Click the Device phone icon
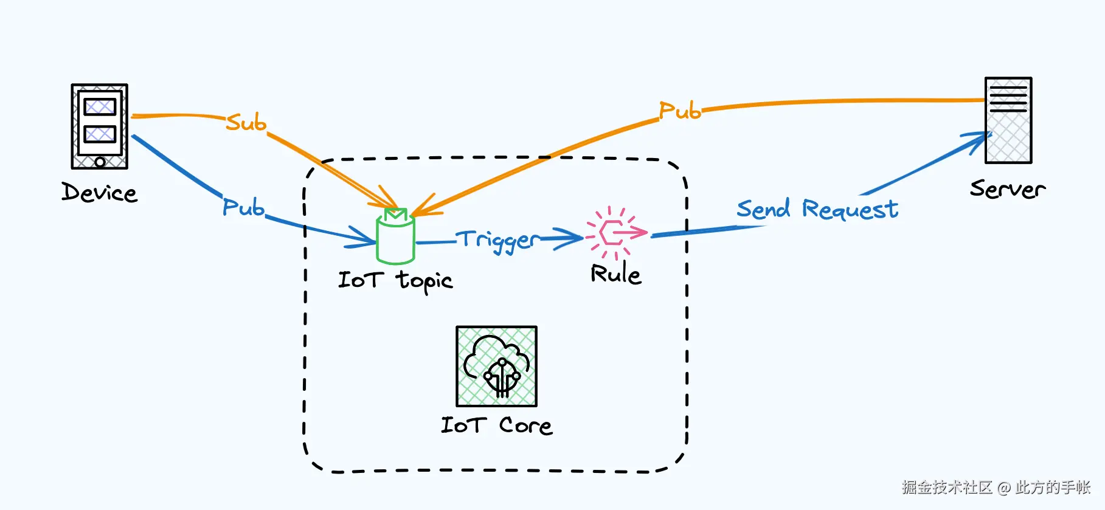click(100, 126)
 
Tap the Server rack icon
click(1008, 120)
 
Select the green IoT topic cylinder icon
click(395, 237)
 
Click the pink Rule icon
click(615, 233)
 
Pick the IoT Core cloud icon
click(496, 366)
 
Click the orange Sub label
click(246, 123)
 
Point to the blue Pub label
click(243, 207)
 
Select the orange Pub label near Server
click(680, 111)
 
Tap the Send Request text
click(817, 209)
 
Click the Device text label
click(100, 193)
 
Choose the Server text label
click(1007, 189)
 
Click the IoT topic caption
click(395, 281)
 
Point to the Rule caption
click(615, 274)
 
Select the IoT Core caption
click(496, 426)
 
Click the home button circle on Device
click(100, 162)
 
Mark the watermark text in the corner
click(996, 487)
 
